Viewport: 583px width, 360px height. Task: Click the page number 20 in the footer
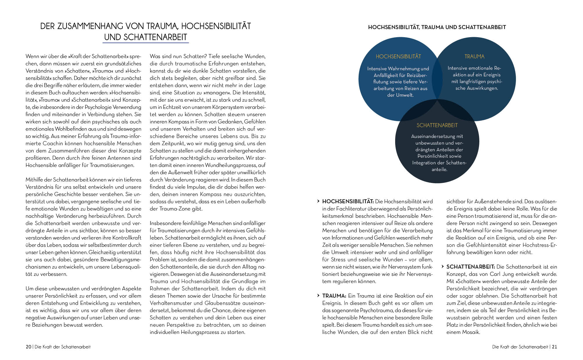coord(28,347)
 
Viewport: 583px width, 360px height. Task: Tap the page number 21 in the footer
coord(554,347)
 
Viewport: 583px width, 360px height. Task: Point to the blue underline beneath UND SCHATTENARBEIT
coord(145,43)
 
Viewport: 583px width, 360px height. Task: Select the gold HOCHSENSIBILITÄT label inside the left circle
coord(398,57)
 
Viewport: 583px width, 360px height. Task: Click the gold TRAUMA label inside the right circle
coord(474,57)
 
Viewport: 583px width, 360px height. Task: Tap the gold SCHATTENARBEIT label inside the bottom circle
coord(437,125)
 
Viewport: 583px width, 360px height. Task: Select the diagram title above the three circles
coord(437,27)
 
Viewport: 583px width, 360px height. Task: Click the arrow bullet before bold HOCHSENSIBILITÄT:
coord(319,201)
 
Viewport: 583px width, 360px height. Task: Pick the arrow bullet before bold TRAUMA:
coord(319,296)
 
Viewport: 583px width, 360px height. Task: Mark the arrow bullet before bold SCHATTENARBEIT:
coord(443,267)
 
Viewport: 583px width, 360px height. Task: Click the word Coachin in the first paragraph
coord(62,143)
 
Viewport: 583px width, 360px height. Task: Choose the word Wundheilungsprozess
coord(230,165)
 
